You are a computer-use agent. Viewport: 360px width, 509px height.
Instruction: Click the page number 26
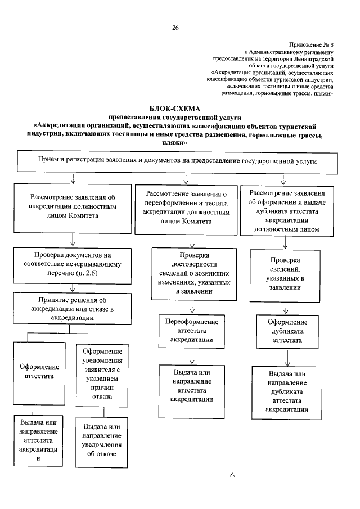[175, 27]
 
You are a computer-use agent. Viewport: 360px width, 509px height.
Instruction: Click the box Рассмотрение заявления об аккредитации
[73, 206]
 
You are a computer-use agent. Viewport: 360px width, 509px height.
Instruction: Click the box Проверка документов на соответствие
[73, 263]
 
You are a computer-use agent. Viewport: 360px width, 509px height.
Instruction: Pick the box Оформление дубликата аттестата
[287, 331]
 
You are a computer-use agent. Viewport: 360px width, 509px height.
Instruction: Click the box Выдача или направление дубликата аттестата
[287, 391]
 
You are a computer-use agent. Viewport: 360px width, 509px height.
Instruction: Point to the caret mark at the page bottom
[232, 476]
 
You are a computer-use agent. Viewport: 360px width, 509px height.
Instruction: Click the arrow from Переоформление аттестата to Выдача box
[192, 355]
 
